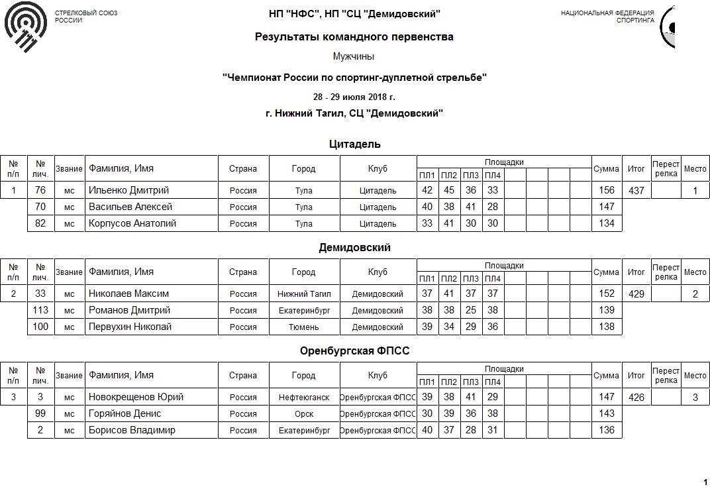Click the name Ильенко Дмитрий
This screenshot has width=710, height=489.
tap(128, 191)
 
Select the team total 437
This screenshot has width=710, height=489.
tap(636, 191)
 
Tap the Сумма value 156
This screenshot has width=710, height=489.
tap(606, 191)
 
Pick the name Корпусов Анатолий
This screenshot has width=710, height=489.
tap(132, 224)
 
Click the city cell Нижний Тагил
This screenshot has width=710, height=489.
tap(304, 294)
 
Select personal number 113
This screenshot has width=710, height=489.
tap(40, 311)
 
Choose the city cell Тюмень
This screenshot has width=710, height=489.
tap(304, 327)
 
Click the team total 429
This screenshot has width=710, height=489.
tap(636, 294)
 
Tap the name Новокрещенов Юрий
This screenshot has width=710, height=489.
tap(136, 398)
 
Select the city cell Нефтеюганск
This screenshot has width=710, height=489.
tap(304, 398)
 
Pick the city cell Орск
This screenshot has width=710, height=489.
tap(304, 414)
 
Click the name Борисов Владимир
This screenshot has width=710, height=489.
tap(132, 431)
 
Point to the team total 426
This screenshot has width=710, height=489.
tap(636, 398)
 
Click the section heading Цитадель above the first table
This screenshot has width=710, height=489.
tap(354, 144)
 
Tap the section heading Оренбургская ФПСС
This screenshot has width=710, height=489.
tap(354, 351)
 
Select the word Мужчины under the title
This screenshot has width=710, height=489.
tap(354, 57)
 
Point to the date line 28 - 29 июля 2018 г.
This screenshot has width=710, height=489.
tap(354, 97)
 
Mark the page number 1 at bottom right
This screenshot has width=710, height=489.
tap(705, 482)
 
